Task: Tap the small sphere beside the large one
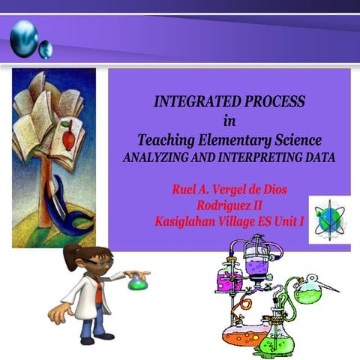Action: [46, 50]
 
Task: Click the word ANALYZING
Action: [159, 157]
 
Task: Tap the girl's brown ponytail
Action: [72, 259]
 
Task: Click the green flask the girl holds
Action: [136, 283]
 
